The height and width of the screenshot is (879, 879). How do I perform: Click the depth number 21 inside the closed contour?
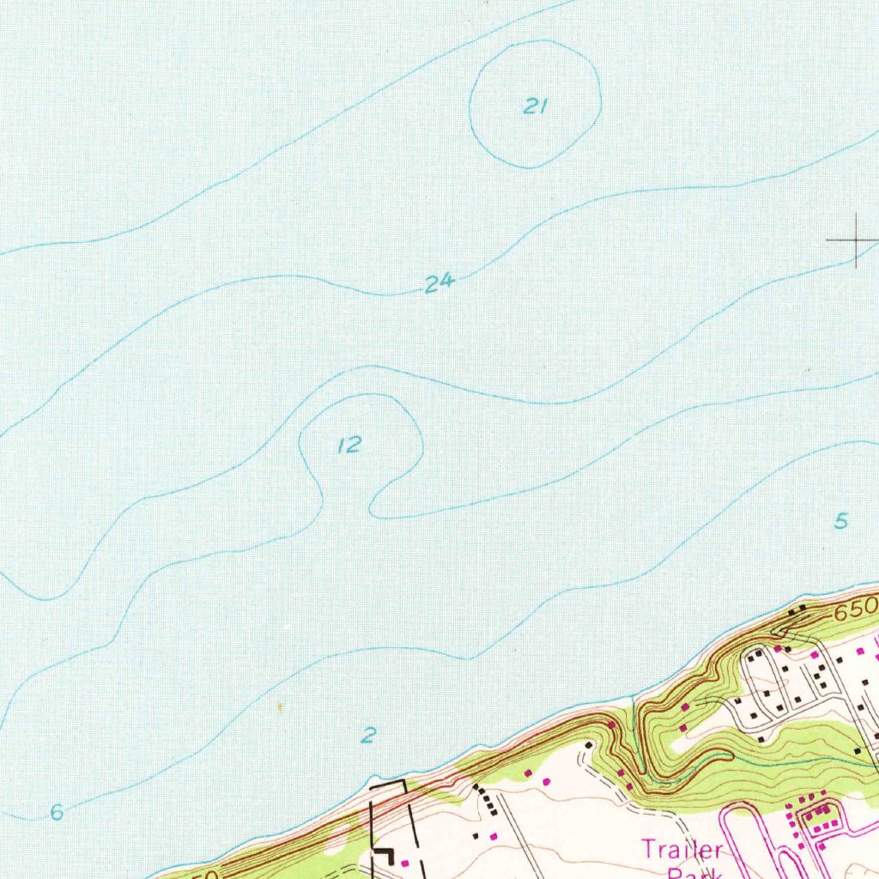535,106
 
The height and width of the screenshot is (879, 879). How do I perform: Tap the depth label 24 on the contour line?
439,282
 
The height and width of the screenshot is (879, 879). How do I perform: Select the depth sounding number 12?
350,445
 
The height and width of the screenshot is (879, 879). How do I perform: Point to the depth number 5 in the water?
841,520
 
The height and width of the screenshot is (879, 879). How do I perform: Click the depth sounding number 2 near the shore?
369,735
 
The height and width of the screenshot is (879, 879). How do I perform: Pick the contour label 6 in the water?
57,812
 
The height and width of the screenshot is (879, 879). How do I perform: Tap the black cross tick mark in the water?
856,241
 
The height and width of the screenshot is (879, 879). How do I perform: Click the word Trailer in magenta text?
682,850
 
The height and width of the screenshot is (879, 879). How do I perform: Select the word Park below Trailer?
692,872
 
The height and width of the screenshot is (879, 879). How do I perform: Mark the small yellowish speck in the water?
279,706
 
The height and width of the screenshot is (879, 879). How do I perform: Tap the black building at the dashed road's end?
589,745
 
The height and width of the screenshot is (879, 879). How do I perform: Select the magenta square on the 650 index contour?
610,725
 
